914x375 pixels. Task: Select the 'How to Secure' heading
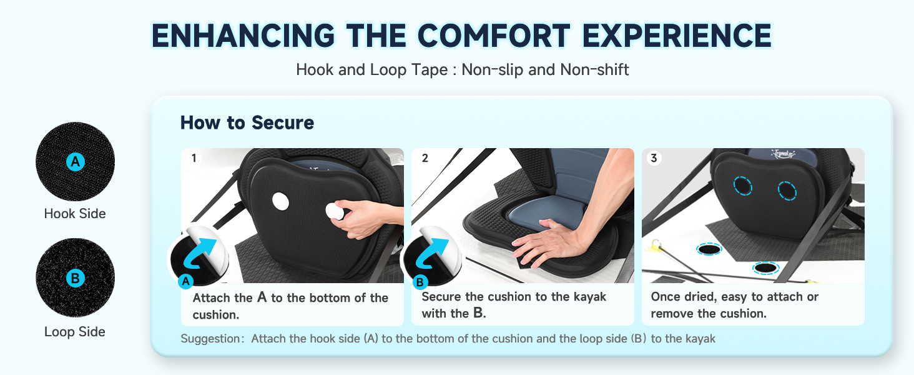click(247, 122)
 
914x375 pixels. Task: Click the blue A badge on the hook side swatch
click(75, 162)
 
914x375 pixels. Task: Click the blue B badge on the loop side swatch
click(75, 278)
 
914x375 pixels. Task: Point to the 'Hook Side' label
click(75, 214)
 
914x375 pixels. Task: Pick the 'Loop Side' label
click(75, 332)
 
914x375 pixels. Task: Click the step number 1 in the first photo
click(194, 158)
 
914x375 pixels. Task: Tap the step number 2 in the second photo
click(425, 158)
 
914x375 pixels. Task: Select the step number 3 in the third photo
click(654, 158)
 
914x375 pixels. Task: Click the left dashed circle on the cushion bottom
click(743, 186)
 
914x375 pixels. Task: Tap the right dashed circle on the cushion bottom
click(788, 191)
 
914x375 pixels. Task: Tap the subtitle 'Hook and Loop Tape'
click(371, 69)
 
